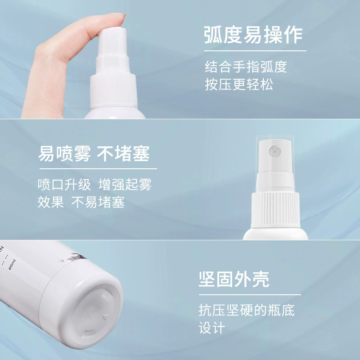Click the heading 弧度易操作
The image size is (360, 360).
point(253,35)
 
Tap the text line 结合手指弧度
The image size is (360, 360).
point(246,67)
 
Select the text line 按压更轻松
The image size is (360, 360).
point(239,85)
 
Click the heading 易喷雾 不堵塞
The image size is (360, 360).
point(94,153)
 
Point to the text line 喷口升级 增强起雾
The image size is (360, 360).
point(94,184)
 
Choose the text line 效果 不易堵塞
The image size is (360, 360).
point(81,202)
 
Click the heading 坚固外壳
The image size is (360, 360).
point(234,279)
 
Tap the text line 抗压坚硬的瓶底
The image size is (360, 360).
point(247,310)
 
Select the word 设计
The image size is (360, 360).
point(211,328)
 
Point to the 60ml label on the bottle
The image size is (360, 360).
point(12,265)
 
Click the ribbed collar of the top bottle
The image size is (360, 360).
point(114,90)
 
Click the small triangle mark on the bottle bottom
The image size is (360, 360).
point(105,318)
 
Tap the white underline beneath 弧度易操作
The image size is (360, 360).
point(255,51)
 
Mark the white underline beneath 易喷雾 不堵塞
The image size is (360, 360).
point(98,169)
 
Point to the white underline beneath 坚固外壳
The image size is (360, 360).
point(250,295)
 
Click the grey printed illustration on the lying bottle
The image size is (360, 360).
point(76,257)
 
